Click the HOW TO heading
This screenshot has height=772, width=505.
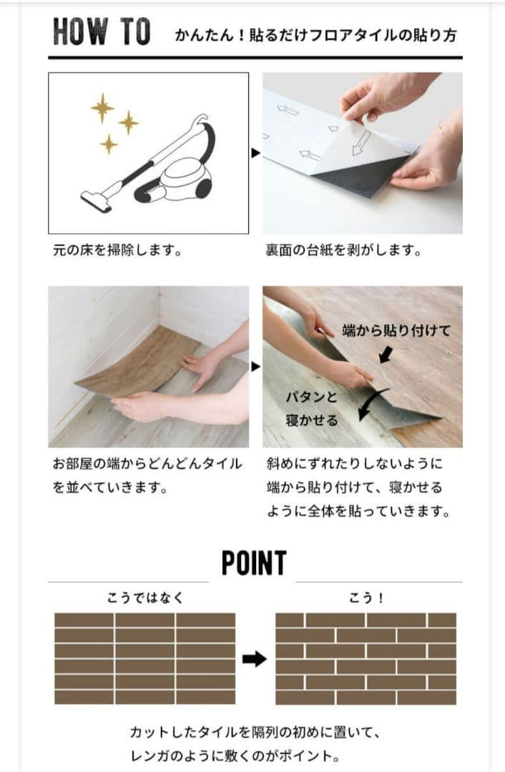pos(102,31)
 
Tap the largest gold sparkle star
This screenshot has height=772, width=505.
pos(102,108)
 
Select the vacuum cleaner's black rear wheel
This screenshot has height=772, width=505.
pos(203,188)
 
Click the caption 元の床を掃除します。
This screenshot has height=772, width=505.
pos(116,251)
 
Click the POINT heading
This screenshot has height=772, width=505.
pos(253,564)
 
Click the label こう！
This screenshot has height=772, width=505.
pos(366,598)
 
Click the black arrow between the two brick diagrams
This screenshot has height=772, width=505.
pos(254,659)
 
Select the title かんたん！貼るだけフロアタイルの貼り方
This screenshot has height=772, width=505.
pos(315,35)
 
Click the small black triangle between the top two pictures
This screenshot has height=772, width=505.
pos(255,152)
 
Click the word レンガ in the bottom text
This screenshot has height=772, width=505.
pos(146,755)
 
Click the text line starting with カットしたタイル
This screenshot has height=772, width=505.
pos(253,732)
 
